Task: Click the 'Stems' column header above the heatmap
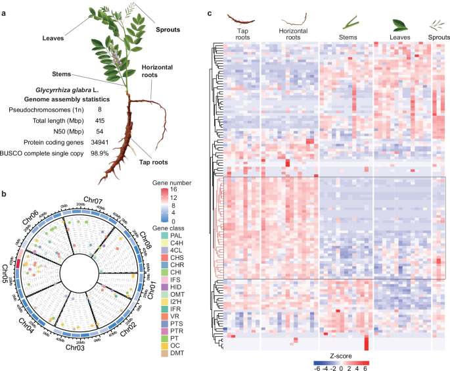click(343, 37)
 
